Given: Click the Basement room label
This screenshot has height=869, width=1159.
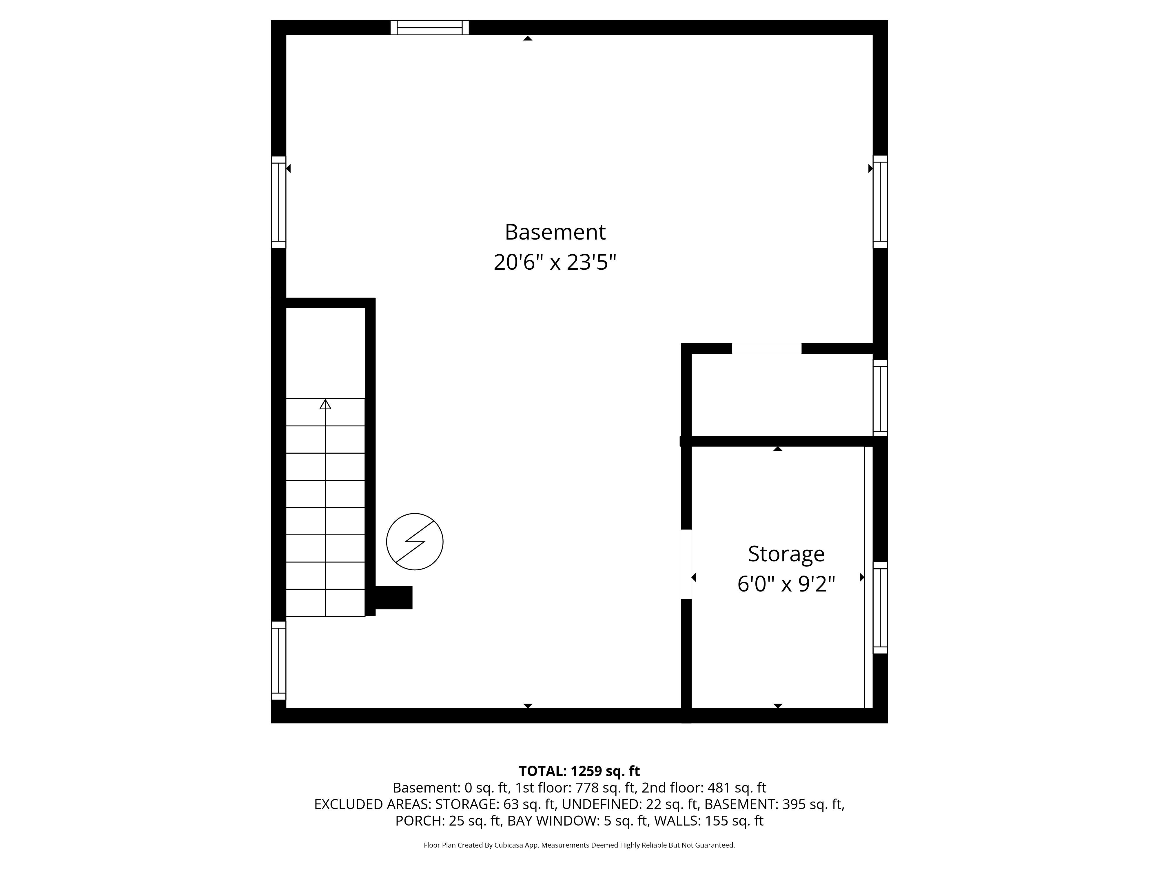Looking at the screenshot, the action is point(555,232).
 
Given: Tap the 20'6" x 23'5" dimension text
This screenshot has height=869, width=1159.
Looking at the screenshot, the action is point(555,262).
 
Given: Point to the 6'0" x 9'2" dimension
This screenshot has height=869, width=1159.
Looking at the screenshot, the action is point(786,583).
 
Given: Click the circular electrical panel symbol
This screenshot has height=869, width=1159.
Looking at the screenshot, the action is point(414,542).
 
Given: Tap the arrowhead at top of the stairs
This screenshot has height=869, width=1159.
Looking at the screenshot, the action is point(325,404).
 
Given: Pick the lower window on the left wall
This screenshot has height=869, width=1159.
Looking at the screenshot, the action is point(278,660).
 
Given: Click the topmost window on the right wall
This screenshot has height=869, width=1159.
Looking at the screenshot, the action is point(880,202).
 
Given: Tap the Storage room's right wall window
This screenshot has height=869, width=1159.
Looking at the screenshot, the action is point(880,608).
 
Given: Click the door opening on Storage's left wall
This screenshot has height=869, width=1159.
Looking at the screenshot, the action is point(686,564).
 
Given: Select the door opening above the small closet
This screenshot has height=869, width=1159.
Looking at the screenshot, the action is point(767,348).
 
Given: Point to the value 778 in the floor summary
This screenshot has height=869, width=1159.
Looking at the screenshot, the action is point(587,788).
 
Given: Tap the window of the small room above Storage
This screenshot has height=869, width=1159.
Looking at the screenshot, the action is point(880,398).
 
